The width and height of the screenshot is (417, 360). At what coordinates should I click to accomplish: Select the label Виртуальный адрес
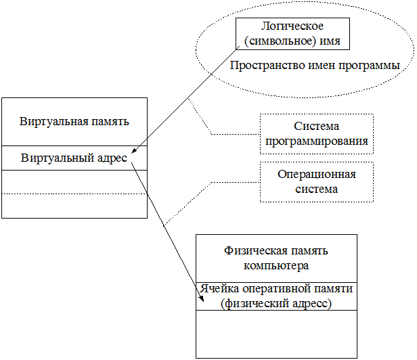[74, 158]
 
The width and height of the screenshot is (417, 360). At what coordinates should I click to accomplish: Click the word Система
[317, 127]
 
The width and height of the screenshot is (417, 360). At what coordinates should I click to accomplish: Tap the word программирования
[317, 141]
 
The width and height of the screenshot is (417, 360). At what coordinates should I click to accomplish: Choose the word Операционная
[317, 175]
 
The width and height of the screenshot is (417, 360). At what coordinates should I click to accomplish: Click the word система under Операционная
[317, 189]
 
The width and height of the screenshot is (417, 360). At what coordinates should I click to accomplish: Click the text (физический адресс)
[276, 304]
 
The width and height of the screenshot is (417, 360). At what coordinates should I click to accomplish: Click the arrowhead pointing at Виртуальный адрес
[134, 152]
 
